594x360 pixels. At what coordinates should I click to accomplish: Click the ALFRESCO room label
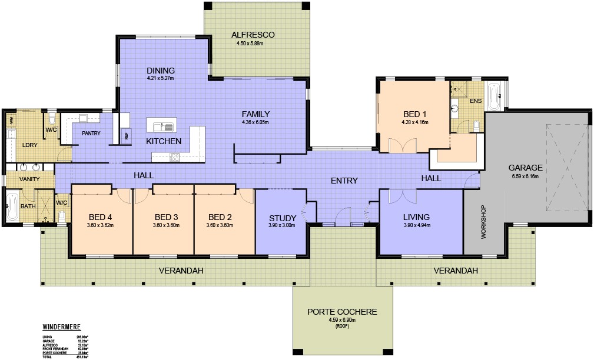coord(253,35)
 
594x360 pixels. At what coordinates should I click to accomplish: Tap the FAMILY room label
coord(255,114)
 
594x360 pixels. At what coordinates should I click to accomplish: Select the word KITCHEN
coord(163,141)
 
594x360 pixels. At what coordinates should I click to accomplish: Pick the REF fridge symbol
coord(125,135)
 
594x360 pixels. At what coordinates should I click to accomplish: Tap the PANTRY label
coord(91,134)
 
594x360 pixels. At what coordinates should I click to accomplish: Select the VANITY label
coord(29,179)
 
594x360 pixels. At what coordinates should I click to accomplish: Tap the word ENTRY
coord(344,181)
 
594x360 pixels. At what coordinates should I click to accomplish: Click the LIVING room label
coord(416,216)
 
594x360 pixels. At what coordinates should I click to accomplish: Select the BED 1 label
coord(412,114)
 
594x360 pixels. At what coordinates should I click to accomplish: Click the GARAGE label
coord(526,167)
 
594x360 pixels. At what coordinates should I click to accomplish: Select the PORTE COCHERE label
coord(342,312)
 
